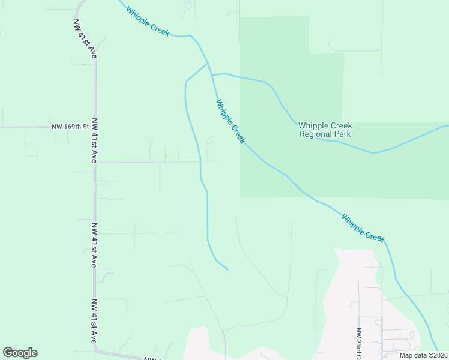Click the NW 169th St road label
(70, 127)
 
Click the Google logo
(20, 353)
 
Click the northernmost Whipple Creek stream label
(148, 21)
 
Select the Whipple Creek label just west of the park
(231, 121)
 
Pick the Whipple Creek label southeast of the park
(363, 227)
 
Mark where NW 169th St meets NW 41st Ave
(94, 127)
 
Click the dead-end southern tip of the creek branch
(228, 269)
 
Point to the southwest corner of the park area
(241, 197)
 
